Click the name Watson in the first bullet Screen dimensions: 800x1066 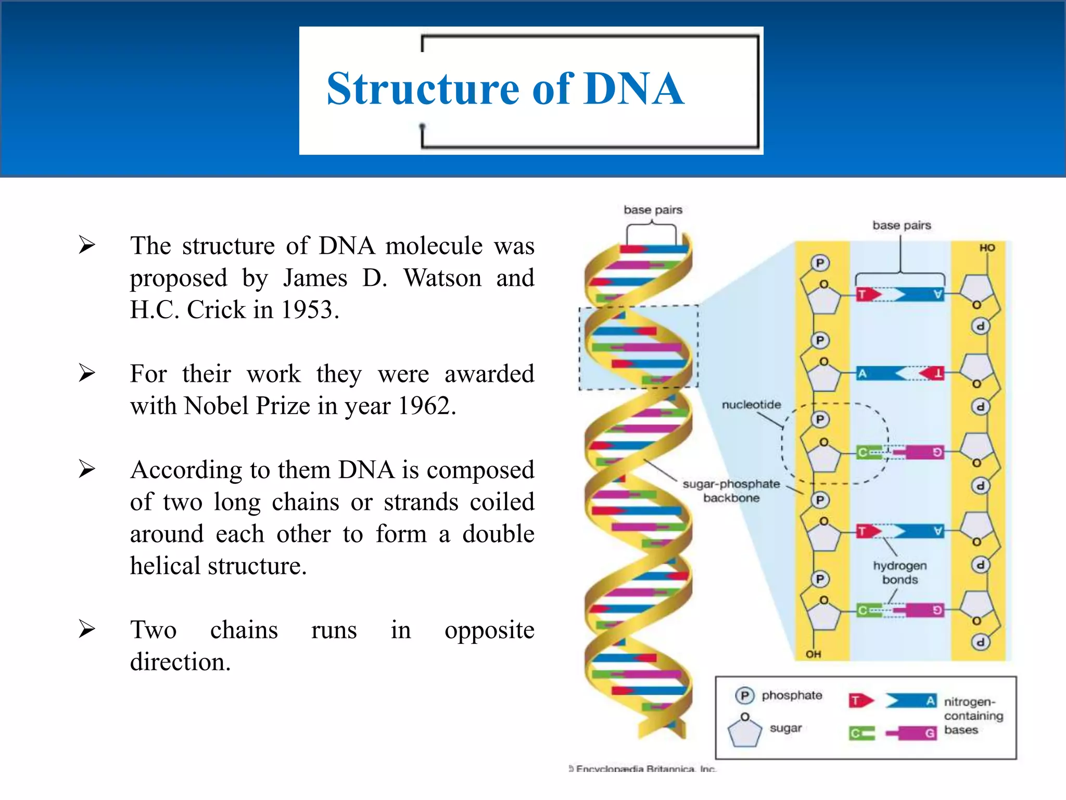click(x=442, y=278)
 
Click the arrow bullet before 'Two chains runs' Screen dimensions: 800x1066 click(x=87, y=629)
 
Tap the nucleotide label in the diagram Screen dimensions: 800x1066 click(x=751, y=405)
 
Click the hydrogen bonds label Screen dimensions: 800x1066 click(x=900, y=573)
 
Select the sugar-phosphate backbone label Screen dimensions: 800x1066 click(x=731, y=491)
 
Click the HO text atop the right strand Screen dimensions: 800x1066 click(x=987, y=248)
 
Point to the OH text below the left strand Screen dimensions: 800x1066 click(x=813, y=654)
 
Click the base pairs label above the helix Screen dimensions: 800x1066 click(x=653, y=210)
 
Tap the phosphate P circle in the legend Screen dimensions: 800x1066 click(x=745, y=695)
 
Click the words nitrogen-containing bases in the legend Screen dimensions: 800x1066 click(x=973, y=716)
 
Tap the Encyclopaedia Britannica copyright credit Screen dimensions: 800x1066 click(x=643, y=769)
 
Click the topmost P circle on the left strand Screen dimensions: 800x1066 click(x=820, y=263)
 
